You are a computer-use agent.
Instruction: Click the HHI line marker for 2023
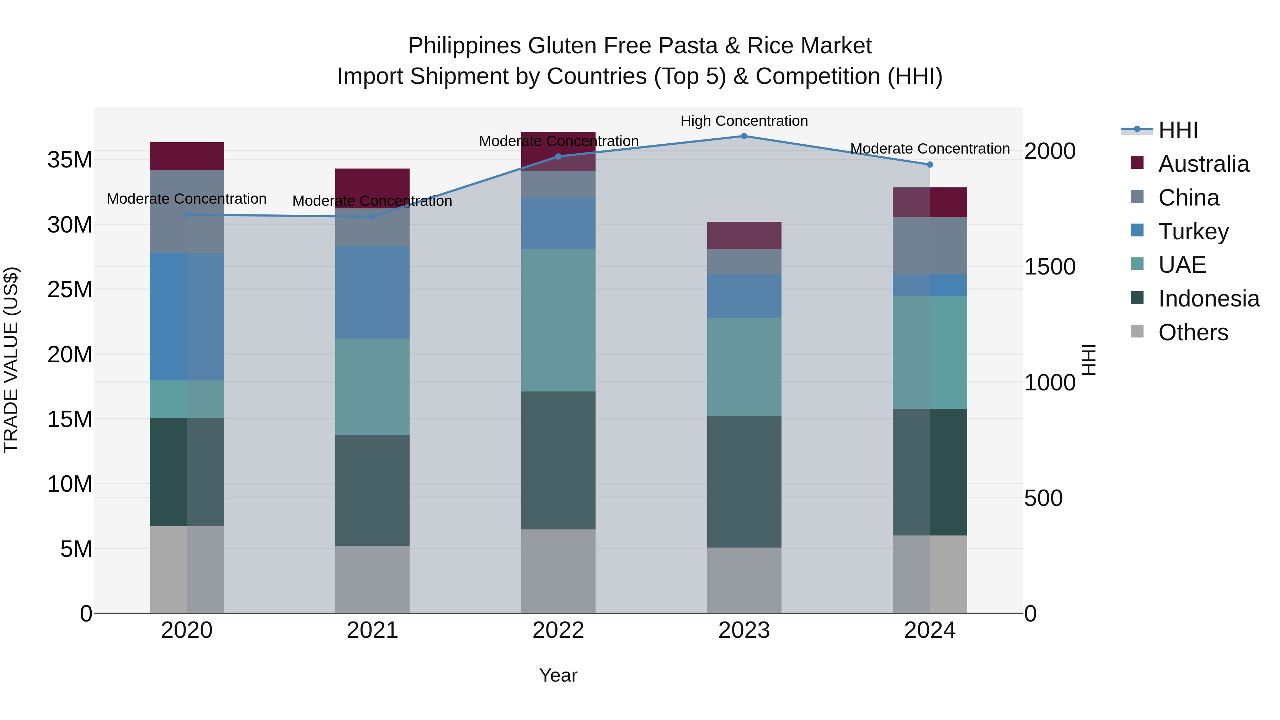pyautogui.click(x=744, y=136)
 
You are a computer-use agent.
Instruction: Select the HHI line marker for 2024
pyautogui.click(x=930, y=165)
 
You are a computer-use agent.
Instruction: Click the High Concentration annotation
pyautogui.click(x=744, y=121)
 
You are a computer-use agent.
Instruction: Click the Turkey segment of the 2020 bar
pyautogui.click(x=187, y=316)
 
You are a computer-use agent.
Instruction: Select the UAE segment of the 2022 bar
pyautogui.click(x=558, y=320)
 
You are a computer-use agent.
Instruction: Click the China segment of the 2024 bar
pyautogui.click(x=930, y=245)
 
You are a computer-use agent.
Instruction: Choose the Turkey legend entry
pyautogui.click(x=1193, y=231)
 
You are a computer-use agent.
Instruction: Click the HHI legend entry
pyautogui.click(x=1178, y=130)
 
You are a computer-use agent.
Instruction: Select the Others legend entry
pyautogui.click(x=1193, y=332)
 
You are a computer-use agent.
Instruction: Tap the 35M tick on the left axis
pyautogui.click(x=70, y=160)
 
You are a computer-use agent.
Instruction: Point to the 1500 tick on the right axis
pyautogui.click(x=1050, y=267)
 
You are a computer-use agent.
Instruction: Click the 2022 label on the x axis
pyautogui.click(x=558, y=630)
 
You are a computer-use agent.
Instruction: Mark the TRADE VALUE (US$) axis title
pyautogui.click(x=11, y=360)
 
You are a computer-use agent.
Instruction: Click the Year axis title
pyautogui.click(x=558, y=675)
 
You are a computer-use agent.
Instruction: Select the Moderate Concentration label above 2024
pyautogui.click(x=930, y=149)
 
